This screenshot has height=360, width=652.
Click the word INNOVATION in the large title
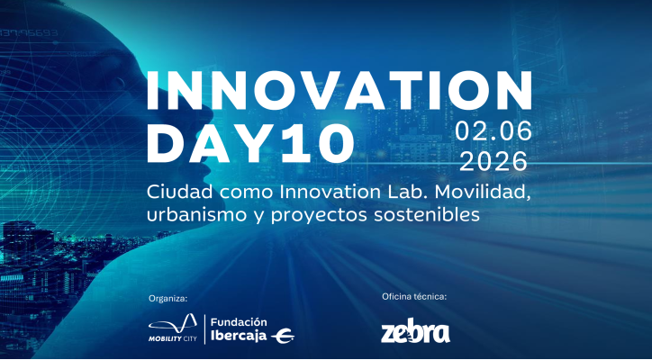coord(332,91)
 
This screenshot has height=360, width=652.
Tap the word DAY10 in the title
coord(249,141)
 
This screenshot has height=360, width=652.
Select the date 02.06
coord(493,131)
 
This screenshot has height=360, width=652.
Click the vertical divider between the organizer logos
coord(205,329)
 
